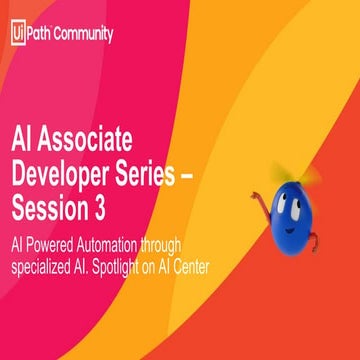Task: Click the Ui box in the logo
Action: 17,32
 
